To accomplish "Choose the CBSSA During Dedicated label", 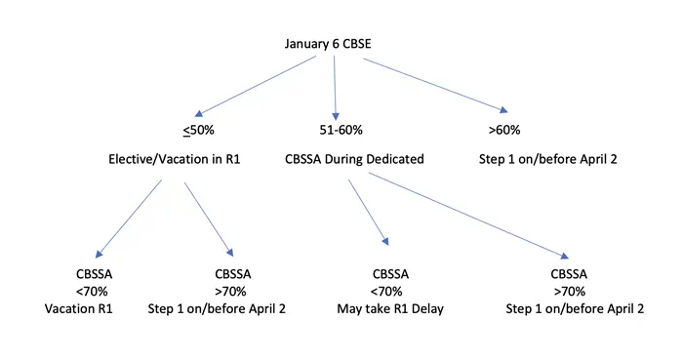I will [354, 159].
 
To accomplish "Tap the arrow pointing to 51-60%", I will [335, 88].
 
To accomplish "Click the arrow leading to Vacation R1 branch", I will [129, 217].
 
